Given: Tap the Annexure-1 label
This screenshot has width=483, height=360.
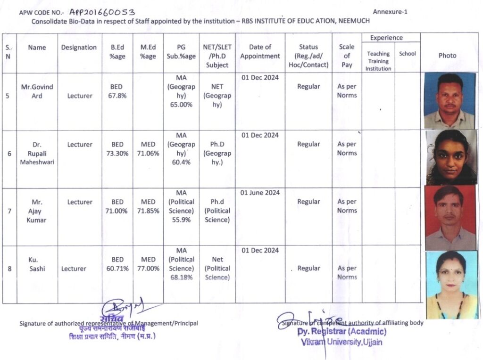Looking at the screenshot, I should tap(390, 12).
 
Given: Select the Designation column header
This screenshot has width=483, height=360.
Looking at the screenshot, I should tap(79, 47).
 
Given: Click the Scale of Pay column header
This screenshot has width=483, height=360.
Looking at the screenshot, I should tap(347, 56).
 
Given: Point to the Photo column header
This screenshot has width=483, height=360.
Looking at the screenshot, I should tap(447, 56).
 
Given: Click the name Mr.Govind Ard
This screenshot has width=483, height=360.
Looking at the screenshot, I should tap(37, 91).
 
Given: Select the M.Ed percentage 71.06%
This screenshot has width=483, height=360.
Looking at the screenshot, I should tap(148, 153).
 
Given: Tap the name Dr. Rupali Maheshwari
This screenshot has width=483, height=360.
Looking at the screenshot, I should tap(37, 153).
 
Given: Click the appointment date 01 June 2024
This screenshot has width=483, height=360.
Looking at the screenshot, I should tap(260, 192).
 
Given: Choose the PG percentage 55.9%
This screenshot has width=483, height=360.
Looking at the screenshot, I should tap(181, 229).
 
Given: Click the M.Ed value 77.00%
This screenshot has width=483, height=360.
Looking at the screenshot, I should tap(148, 269).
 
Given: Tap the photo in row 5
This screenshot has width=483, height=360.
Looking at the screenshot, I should tap(450, 100).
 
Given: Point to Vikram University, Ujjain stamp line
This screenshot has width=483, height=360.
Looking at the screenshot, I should tap(341, 342).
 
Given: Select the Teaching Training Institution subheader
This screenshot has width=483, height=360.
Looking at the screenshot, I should tap(378, 61).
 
